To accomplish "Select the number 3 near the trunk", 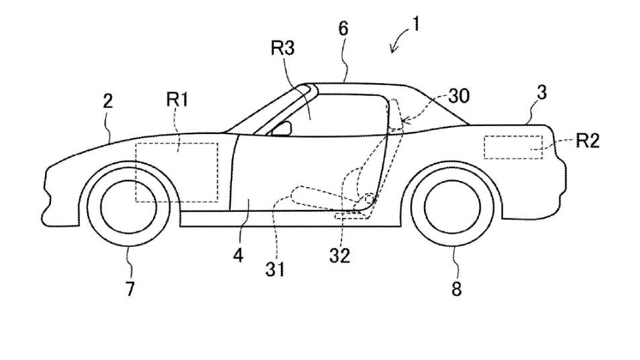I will pyautogui.click(x=541, y=93).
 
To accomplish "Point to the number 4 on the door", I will pyautogui.click(x=238, y=256).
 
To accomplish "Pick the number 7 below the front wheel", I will pyautogui.click(x=130, y=289).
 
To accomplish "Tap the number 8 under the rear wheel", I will pyautogui.click(x=456, y=289).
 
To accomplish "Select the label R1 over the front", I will pyautogui.click(x=178, y=101).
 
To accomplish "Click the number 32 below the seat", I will pyautogui.click(x=339, y=255).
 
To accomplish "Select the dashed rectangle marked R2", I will pyautogui.click(x=512, y=147).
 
